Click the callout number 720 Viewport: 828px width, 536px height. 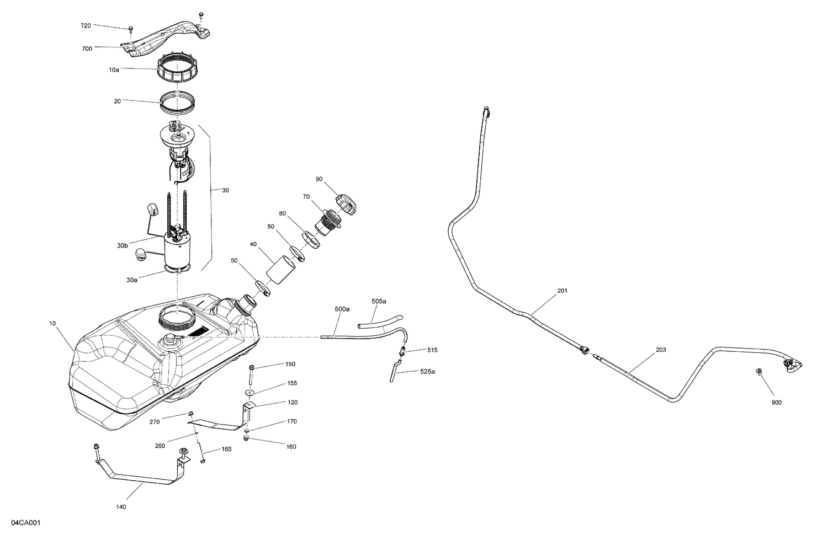point(86,26)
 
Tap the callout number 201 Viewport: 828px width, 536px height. point(562,291)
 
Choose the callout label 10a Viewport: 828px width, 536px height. point(114,70)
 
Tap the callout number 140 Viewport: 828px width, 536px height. point(121,507)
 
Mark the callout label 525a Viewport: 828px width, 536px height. point(427,372)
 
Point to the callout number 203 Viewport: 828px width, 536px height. point(661,350)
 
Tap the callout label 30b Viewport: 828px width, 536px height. point(123,246)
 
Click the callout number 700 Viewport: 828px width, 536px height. point(87,49)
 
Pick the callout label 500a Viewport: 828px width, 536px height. point(342,309)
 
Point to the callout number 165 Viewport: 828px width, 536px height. point(226,449)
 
